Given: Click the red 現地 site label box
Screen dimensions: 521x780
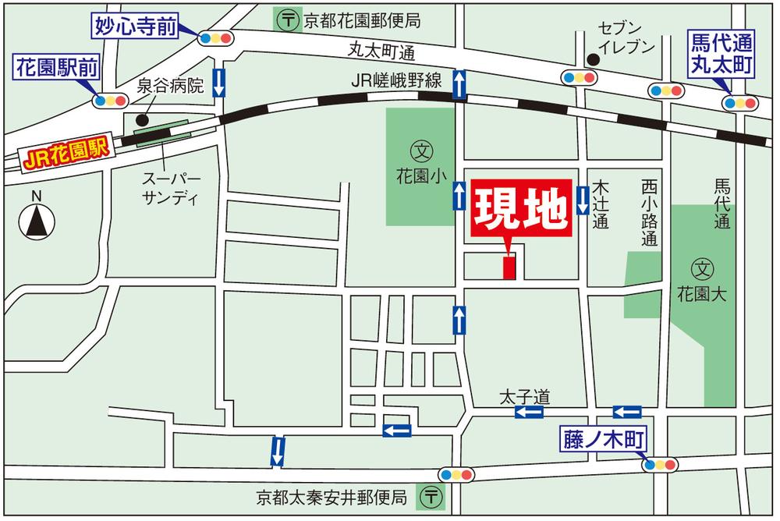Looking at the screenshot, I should pyautogui.click(x=523, y=210).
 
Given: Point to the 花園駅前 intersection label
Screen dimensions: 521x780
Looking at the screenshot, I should pyautogui.click(x=57, y=68).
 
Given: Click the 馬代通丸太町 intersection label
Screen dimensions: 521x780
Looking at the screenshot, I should pyautogui.click(x=721, y=54).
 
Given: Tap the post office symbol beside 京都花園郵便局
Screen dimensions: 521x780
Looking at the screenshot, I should pyautogui.click(x=289, y=19).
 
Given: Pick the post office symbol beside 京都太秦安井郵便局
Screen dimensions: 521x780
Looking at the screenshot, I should pyautogui.click(x=431, y=495).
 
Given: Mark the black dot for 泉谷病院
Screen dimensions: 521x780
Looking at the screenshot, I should pyautogui.click(x=141, y=120).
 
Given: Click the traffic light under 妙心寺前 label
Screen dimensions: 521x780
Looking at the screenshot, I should pyautogui.click(x=216, y=37).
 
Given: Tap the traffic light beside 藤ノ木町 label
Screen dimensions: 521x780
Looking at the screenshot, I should pyautogui.click(x=661, y=465).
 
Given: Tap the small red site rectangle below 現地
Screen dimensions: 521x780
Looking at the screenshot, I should pyautogui.click(x=509, y=266).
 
